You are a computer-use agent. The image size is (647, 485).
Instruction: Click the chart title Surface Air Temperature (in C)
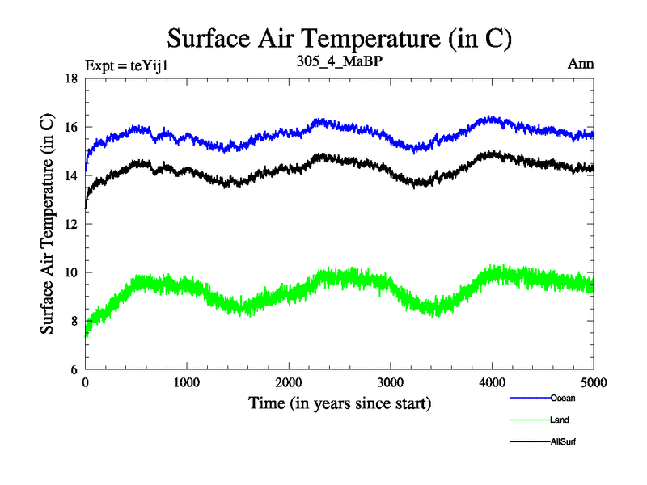(340, 38)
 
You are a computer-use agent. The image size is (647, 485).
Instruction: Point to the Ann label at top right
(582, 65)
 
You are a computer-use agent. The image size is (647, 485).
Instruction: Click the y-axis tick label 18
(70, 78)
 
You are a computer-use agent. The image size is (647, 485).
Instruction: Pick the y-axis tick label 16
(70, 127)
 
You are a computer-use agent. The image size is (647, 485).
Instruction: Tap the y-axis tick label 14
(70, 175)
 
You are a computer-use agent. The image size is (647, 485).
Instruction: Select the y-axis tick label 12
(70, 224)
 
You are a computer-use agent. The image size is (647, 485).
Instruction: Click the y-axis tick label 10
(70, 272)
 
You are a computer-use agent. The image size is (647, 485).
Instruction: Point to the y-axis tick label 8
(74, 321)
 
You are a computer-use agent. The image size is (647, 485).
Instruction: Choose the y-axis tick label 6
(74, 369)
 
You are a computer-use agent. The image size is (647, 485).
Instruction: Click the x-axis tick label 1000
(187, 383)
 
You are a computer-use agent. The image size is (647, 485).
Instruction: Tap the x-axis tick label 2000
(289, 383)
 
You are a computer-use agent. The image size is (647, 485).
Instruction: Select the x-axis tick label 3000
(391, 383)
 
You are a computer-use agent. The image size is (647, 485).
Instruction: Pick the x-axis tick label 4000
(493, 383)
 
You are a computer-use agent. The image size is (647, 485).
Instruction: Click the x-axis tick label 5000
(594, 383)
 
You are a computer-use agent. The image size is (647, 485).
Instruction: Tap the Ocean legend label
(563, 398)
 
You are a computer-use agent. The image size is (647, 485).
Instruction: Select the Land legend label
(560, 420)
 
